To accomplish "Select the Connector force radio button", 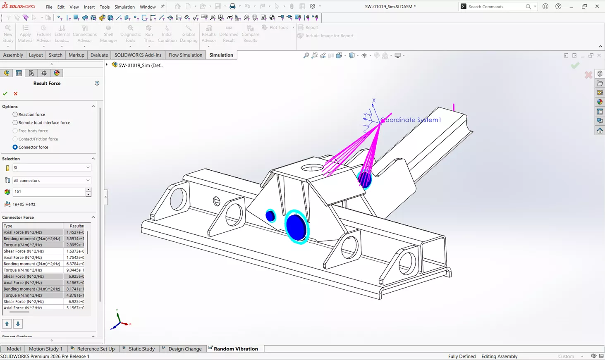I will (x=15, y=147).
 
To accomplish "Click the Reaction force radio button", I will (x=15, y=114).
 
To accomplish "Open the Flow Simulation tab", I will (x=185, y=55).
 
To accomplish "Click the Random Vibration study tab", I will (x=235, y=349).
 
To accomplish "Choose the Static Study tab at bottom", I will (x=141, y=349).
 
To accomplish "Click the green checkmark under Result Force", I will (x=5, y=94).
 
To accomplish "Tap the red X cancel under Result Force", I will (x=16, y=94).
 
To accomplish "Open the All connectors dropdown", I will (x=51, y=181).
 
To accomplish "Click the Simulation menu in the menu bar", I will (x=124, y=7).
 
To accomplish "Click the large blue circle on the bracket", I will (x=296, y=227).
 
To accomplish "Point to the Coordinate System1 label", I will (x=411, y=120).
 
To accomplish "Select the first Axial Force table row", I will (x=32, y=232).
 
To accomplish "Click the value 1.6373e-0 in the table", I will (x=75, y=251).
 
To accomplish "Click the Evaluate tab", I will (x=99, y=55).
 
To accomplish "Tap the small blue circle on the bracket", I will (x=270, y=216).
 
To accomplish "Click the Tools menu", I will (x=105, y=7).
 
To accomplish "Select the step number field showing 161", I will (x=48, y=192).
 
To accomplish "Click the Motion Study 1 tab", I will (x=45, y=349).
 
